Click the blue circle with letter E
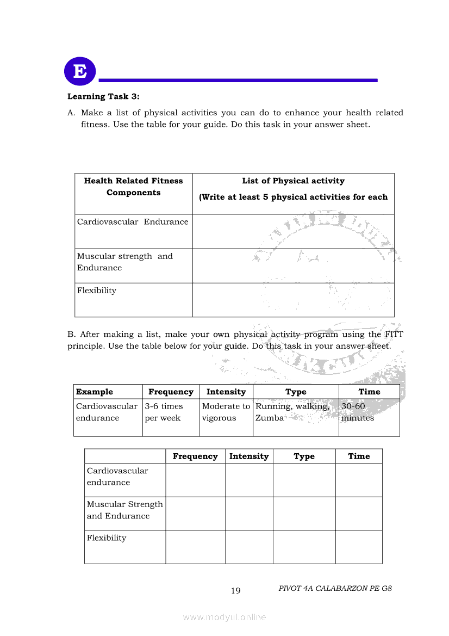(80, 71)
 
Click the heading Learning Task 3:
(103, 97)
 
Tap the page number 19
(235, 591)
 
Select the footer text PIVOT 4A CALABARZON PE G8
(335, 589)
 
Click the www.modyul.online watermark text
(224, 617)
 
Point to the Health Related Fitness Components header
(134, 187)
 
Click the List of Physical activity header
(293, 181)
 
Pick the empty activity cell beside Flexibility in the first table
(293, 300)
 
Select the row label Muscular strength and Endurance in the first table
(125, 262)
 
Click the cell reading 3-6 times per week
(164, 412)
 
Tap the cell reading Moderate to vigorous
(226, 412)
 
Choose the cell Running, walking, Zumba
(292, 412)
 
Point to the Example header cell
(95, 392)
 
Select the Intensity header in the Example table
(226, 392)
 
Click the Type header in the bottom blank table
(304, 456)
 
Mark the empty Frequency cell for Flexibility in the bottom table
(195, 547)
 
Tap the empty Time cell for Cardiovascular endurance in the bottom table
(359, 480)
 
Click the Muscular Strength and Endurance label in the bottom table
(125, 510)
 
